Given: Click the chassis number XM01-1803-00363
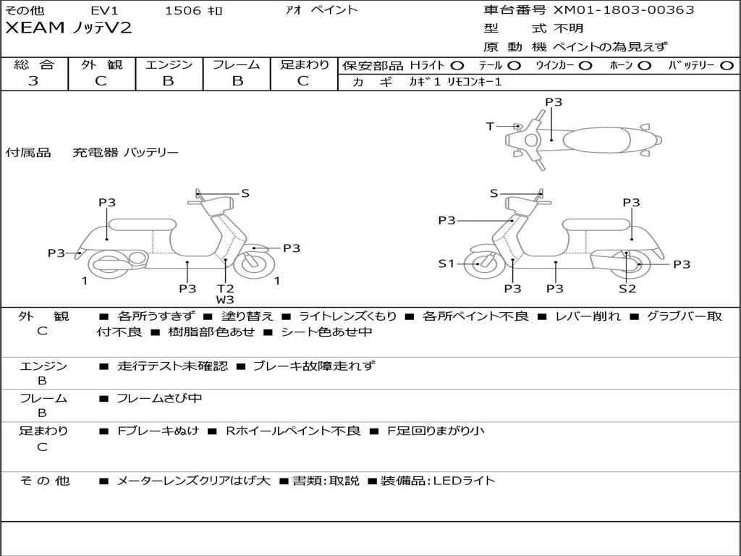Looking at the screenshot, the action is [x=623, y=10].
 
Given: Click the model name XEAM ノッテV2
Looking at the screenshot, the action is [x=69, y=29].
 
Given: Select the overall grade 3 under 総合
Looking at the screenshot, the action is [x=33, y=81].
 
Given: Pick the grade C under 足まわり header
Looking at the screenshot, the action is [x=303, y=81].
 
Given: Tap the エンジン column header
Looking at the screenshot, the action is [x=169, y=64].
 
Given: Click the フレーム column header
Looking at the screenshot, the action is [x=237, y=64].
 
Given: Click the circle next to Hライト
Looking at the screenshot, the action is [x=457, y=65].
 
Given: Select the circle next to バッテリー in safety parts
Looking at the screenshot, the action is [x=726, y=65].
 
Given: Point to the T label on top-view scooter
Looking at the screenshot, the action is [x=490, y=127].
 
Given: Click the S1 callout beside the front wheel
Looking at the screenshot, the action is [x=446, y=264].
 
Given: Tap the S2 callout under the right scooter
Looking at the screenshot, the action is [x=627, y=289].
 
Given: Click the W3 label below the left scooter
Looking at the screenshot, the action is [x=225, y=300].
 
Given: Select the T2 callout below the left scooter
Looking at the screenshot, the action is [x=225, y=288].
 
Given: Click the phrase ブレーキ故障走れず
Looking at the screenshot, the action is [x=314, y=366].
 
